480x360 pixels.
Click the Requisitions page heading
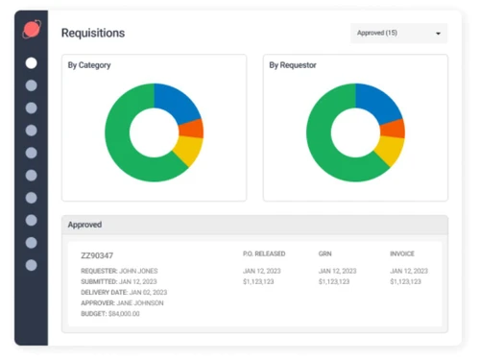pos(93,33)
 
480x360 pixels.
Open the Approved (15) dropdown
pos(398,33)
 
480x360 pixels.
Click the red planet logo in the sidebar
pos(32,29)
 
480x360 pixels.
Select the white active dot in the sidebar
pos(32,63)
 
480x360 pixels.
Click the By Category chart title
pos(89,66)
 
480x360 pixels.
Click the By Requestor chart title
pos(293,66)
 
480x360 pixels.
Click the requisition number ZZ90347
pos(97,255)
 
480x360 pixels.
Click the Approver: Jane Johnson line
pos(122,302)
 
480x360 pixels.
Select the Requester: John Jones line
pos(119,272)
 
